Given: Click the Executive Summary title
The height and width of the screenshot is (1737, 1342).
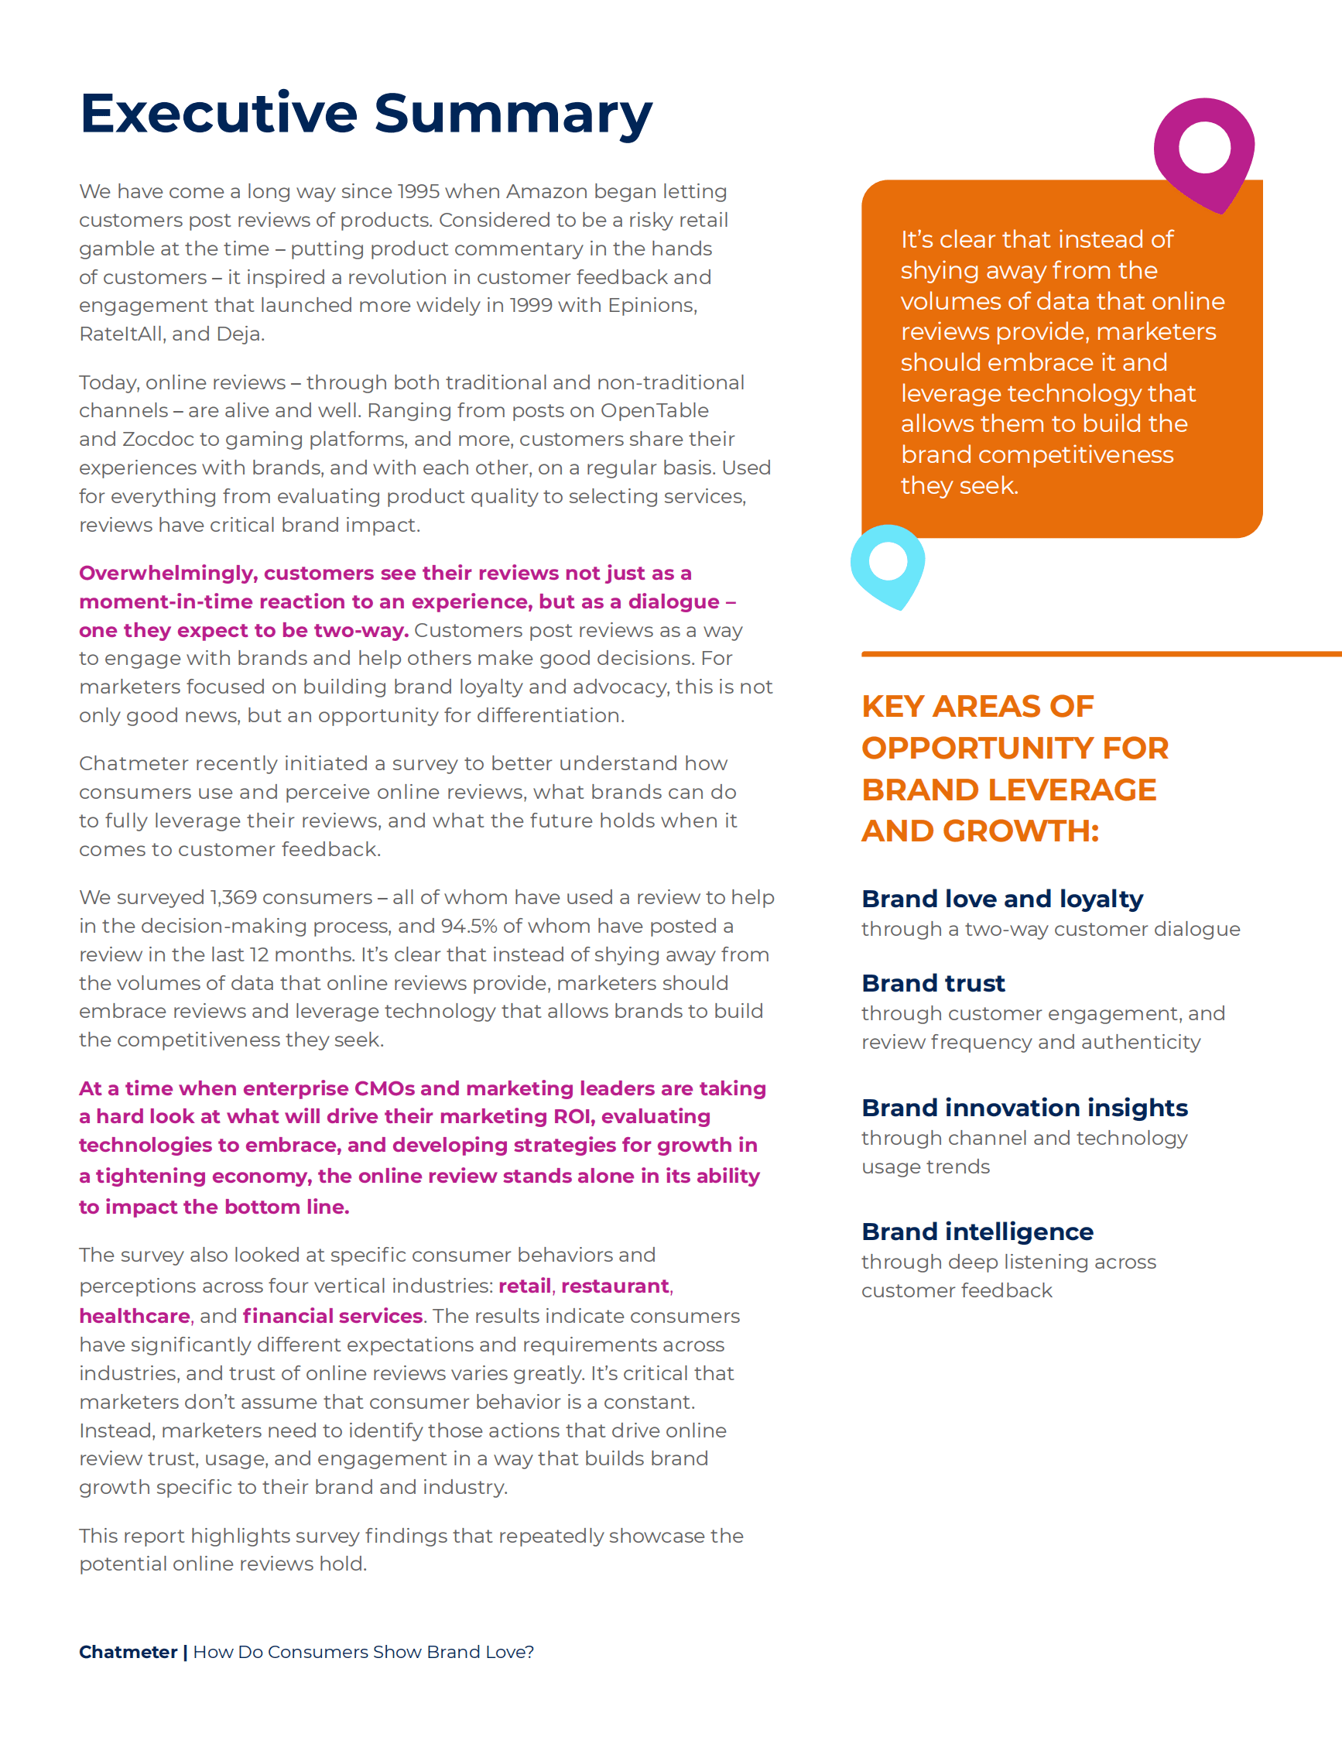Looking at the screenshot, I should [x=366, y=114].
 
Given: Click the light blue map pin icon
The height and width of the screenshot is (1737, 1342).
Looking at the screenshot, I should [x=888, y=565].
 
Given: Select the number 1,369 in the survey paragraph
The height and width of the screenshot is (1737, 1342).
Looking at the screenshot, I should [x=233, y=897].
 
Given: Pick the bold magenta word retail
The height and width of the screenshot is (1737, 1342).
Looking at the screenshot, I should [x=525, y=1286].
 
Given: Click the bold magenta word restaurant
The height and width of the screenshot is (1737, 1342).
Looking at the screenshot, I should [x=615, y=1286].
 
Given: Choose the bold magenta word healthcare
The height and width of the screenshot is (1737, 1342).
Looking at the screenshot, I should [x=135, y=1316].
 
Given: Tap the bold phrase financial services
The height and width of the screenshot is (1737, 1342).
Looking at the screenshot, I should [x=332, y=1316].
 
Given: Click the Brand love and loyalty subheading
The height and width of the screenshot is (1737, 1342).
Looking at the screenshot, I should [x=1001, y=899].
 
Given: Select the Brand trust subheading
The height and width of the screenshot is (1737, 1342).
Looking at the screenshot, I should [x=933, y=983].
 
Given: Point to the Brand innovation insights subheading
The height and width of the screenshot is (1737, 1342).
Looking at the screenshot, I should [x=1024, y=1108].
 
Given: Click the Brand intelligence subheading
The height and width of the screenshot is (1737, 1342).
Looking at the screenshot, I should [x=977, y=1232].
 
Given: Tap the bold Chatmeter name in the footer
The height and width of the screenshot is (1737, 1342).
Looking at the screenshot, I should [x=128, y=1652].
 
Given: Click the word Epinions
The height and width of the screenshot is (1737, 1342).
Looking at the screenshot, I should [x=652, y=306].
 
